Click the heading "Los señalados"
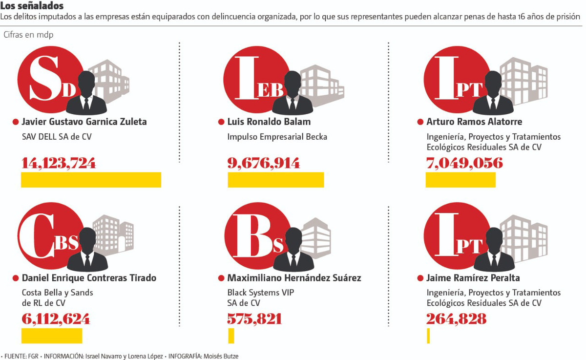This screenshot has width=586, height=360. pos(32,6)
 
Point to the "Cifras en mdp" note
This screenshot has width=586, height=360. pos(28,35)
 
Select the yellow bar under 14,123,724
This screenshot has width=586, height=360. pos(91,180)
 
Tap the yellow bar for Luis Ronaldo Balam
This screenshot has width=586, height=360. pos(275,180)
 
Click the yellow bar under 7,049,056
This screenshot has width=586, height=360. pos(460,180)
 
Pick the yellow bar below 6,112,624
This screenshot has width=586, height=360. pos(51,336)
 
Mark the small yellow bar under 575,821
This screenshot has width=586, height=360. pos(231,336)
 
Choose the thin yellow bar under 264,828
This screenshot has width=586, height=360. pos(428,336)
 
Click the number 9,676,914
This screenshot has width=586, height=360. pos(264,163)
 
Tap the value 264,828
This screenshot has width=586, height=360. pos(456,319)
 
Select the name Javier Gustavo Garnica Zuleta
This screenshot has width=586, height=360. pos(84,122)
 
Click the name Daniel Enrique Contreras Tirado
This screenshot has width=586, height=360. pos(89,278)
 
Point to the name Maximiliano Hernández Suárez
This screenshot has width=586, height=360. pos(294,278)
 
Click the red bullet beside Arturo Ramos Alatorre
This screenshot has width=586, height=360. pos(420,122)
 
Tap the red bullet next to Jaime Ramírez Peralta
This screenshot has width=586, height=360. pos(420,278)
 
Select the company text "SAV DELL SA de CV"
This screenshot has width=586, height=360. pos(57,137)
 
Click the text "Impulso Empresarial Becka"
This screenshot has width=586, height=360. pos(277,137)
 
